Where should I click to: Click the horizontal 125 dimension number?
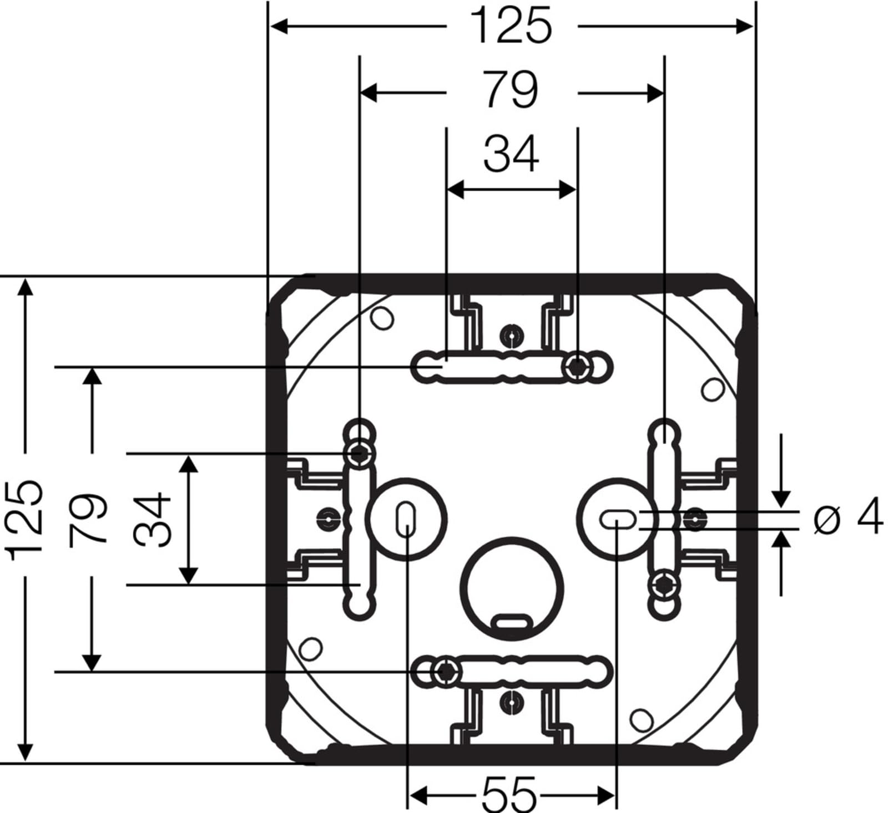pyautogui.click(x=511, y=26)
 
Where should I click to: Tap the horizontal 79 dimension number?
pyautogui.click(x=511, y=90)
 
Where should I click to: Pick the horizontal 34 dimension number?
pyautogui.click(x=511, y=154)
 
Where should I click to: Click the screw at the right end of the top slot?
pyautogui.click(x=578, y=367)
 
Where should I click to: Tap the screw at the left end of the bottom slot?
pyautogui.click(x=444, y=672)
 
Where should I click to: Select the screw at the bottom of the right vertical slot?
pyautogui.click(x=664, y=584)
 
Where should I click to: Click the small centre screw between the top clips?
pyautogui.click(x=511, y=336)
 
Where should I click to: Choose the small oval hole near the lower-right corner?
pyautogui.click(x=642, y=719)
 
